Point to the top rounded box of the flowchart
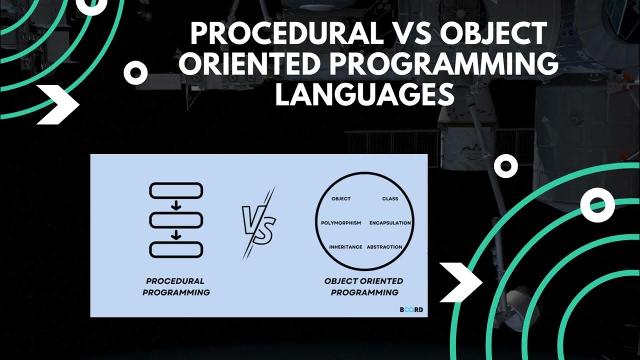coord(176,191)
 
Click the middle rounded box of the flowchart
coord(176,220)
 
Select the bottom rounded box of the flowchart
coord(176,249)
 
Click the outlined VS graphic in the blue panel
coord(258,223)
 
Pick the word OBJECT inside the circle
coord(341,199)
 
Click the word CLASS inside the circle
coord(390,199)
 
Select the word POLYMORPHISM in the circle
coord(341,223)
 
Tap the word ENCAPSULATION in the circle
coord(390,223)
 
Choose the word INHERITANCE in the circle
coord(345,247)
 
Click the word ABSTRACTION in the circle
coord(384,247)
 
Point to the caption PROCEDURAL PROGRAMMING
coord(176,287)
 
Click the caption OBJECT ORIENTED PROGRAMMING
coord(364,287)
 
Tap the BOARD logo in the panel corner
coord(411,309)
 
